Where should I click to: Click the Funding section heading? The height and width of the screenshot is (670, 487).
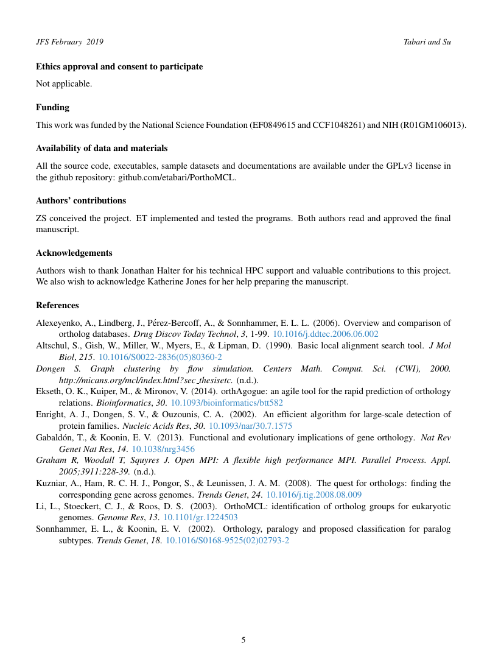tap(52, 107)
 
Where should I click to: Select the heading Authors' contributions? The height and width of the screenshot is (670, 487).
tap(81, 200)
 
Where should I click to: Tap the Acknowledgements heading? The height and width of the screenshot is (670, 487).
tap(74, 253)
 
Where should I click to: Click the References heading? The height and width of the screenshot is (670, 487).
tap(57, 305)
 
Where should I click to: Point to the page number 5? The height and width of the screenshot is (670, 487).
tap(243, 640)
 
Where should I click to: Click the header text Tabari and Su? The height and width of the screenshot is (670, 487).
tap(427, 42)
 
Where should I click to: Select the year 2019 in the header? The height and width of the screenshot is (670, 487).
tap(95, 42)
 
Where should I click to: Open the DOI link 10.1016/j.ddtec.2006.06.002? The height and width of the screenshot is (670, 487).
tap(324, 334)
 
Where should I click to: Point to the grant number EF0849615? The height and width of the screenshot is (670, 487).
tap(279, 125)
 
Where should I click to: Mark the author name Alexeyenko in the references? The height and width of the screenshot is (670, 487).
tap(60, 323)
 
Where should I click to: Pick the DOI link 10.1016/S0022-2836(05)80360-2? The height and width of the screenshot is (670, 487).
tap(160, 357)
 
